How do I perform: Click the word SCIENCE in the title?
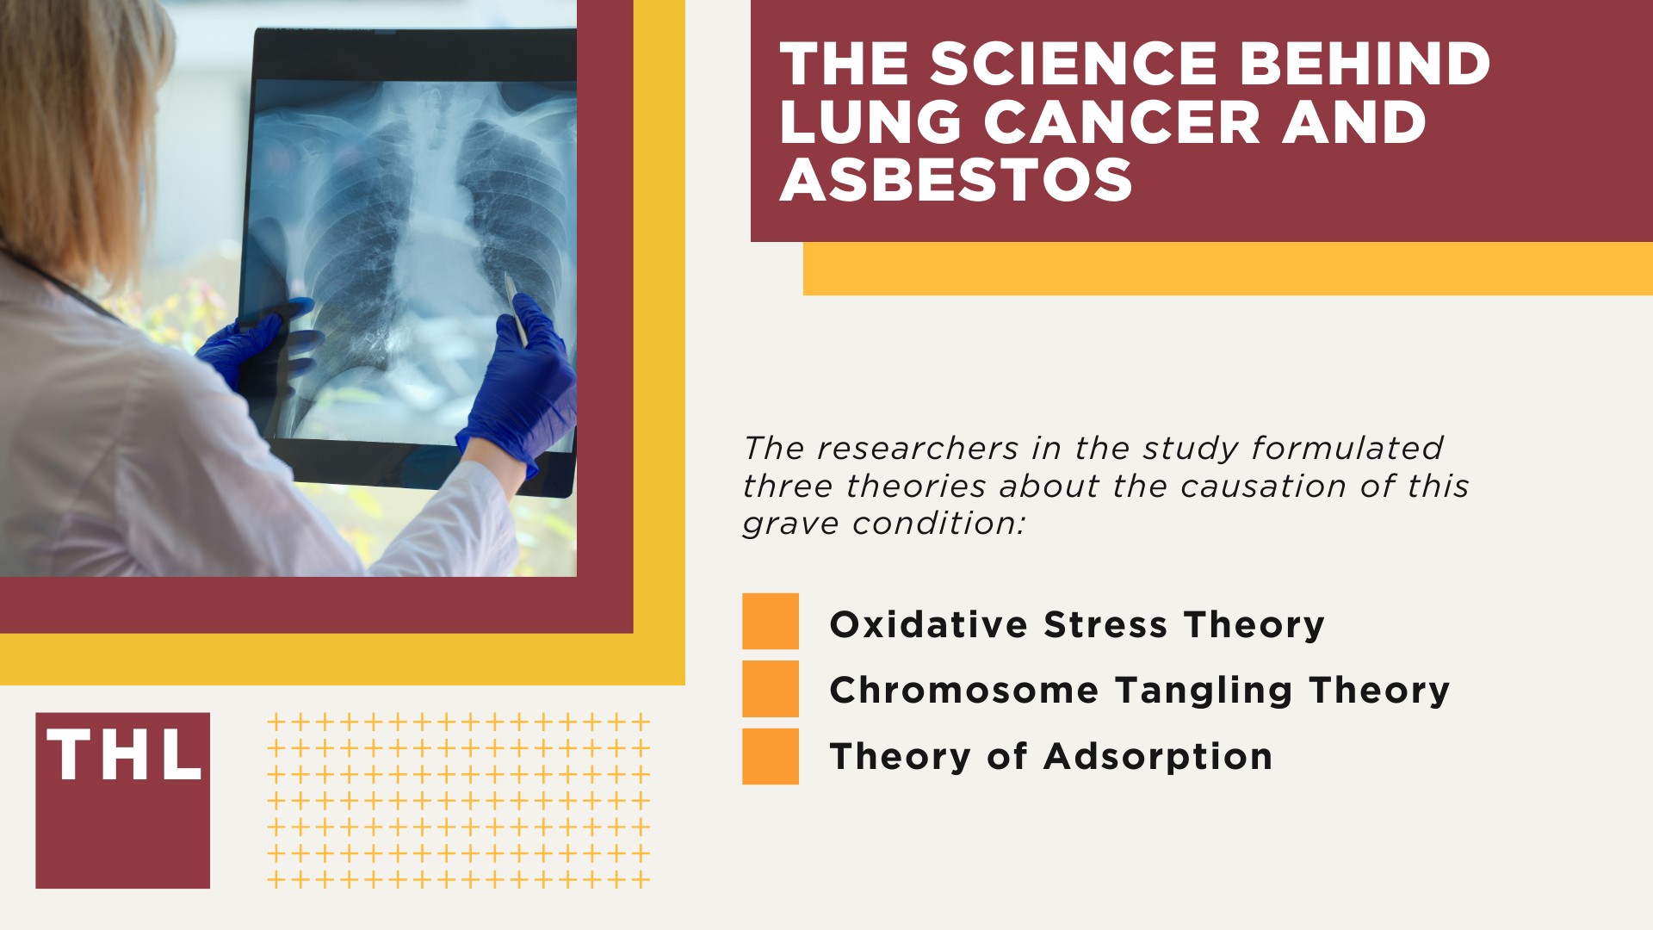[1073, 65]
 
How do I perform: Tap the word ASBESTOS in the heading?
[956, 180]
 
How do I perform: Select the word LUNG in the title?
[870, 122]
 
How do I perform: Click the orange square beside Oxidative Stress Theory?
[771, 621]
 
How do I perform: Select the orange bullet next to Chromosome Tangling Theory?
[771, 689]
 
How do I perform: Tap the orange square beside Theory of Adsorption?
[771, 756]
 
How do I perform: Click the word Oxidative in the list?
[928, 624]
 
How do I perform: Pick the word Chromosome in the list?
[964, 691]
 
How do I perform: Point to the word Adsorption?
[1158, 757]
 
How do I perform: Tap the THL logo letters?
[123, 755]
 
